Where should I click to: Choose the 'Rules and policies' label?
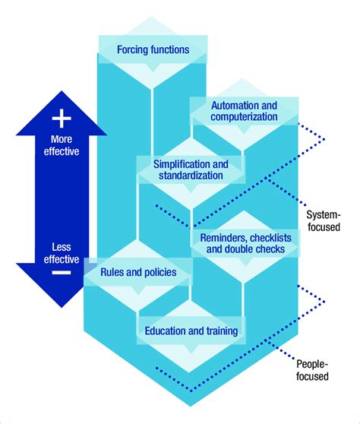click(x=139, y=271)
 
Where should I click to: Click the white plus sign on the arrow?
click(x=62, y=118)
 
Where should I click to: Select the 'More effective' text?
click(x=62, y=144)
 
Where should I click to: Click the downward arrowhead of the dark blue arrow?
click(x=62, y=293)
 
